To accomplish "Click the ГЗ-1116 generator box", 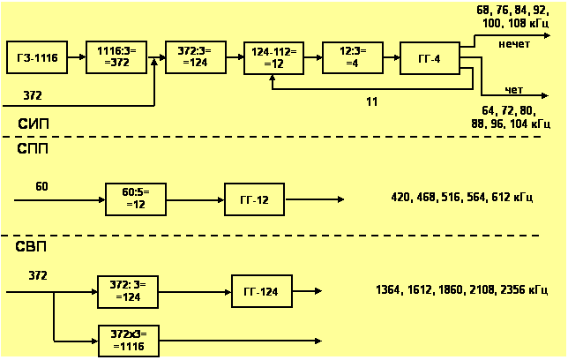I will click(36, 58).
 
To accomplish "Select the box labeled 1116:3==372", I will click(114, 58).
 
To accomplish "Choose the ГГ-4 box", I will click(430, 58).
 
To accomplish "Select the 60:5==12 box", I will click(136, 199).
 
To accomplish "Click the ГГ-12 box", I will click(255, 200).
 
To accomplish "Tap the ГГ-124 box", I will click(261, 290).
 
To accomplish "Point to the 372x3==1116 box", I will click(129, 340).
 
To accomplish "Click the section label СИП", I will click(33, 123).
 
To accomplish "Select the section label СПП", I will click(33, 149).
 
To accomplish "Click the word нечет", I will click(513, 43).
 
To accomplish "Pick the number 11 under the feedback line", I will click(372, 102).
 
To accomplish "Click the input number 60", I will click(41, 186).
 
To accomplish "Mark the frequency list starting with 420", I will click(461, 198).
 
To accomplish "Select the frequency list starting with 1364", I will click(471, 289).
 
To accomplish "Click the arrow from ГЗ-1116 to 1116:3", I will click(76, 58).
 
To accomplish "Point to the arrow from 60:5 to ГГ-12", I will click(195, 200).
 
